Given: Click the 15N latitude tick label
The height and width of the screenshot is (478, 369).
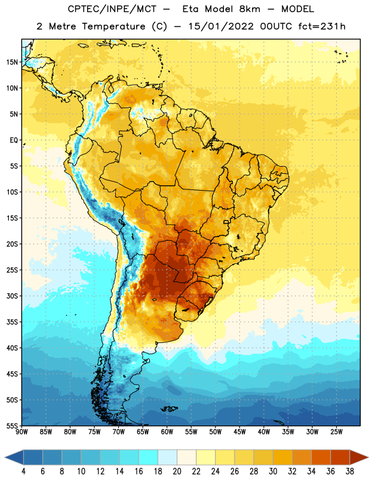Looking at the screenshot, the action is click(12, 62).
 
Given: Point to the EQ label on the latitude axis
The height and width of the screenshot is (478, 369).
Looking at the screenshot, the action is click(14, 140).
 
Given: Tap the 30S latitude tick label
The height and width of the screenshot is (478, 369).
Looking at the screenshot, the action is click(12, 296).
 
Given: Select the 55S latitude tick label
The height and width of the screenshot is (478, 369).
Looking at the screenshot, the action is click(12, 425).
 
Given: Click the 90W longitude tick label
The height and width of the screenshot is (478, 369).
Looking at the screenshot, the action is click(21, 432).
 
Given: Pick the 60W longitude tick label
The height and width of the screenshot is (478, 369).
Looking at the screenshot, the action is click(167, 432).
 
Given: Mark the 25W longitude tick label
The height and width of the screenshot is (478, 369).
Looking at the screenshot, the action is click(336, 432).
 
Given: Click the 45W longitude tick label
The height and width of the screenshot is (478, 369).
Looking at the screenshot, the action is click(239, 432).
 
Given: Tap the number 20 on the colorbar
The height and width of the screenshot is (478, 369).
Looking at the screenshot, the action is click(177, 471).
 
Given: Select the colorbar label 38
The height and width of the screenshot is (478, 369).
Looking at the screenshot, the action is click(350, 471).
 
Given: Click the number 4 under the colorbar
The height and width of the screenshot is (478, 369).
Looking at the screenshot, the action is click(23, 471).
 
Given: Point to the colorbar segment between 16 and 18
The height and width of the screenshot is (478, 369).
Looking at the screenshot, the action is click(149, 457).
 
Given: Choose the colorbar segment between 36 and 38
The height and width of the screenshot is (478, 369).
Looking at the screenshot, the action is click(340, 457).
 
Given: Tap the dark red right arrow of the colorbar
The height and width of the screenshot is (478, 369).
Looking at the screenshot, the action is click(359, 457).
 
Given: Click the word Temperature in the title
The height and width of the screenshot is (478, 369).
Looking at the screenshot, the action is click(113, 26).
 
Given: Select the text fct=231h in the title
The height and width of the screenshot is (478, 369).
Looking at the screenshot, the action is click(322, 26).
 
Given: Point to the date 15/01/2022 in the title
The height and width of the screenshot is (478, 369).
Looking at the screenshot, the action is click(220, 26).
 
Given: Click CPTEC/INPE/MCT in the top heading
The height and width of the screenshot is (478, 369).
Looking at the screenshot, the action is click(112, 9).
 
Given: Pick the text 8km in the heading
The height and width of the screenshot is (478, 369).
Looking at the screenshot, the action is click(250, 9).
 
